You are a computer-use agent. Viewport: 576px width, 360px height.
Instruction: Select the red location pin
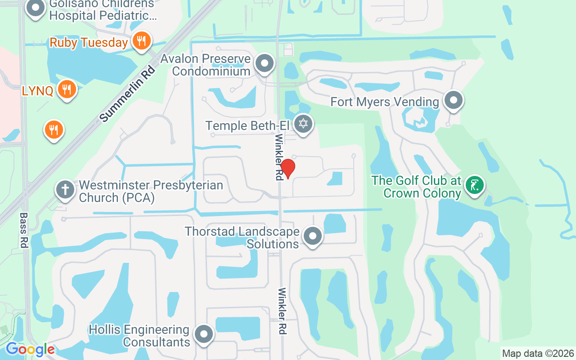(x=287, y=168)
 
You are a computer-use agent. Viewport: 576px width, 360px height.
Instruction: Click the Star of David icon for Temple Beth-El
(x=303, y=123)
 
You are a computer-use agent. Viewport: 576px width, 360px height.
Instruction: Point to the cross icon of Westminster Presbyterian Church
(x=65, y=189)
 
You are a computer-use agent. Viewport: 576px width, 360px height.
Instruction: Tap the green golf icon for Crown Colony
(x=474, y=185)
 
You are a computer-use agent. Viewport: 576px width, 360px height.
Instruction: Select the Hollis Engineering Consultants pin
(x=203, y=334)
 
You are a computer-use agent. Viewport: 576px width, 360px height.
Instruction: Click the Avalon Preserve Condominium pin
(x=265, y=63)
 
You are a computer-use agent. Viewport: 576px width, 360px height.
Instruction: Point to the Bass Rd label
(x=24, y=230)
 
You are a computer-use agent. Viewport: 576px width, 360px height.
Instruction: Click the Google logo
(x=30, y=349)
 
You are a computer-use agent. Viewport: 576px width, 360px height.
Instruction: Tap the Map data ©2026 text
(x=538, y=353)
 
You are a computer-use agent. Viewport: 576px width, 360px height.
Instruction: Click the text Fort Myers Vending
(x=384, y=102)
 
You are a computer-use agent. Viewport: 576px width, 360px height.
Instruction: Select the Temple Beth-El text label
(x=247, y=125)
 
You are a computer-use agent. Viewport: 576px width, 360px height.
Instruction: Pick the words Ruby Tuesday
(x=89, y=43)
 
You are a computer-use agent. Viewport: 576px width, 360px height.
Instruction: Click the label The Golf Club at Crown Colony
(x=416, y=187)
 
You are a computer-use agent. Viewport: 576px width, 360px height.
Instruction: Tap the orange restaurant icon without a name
(x=54, y=129)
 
